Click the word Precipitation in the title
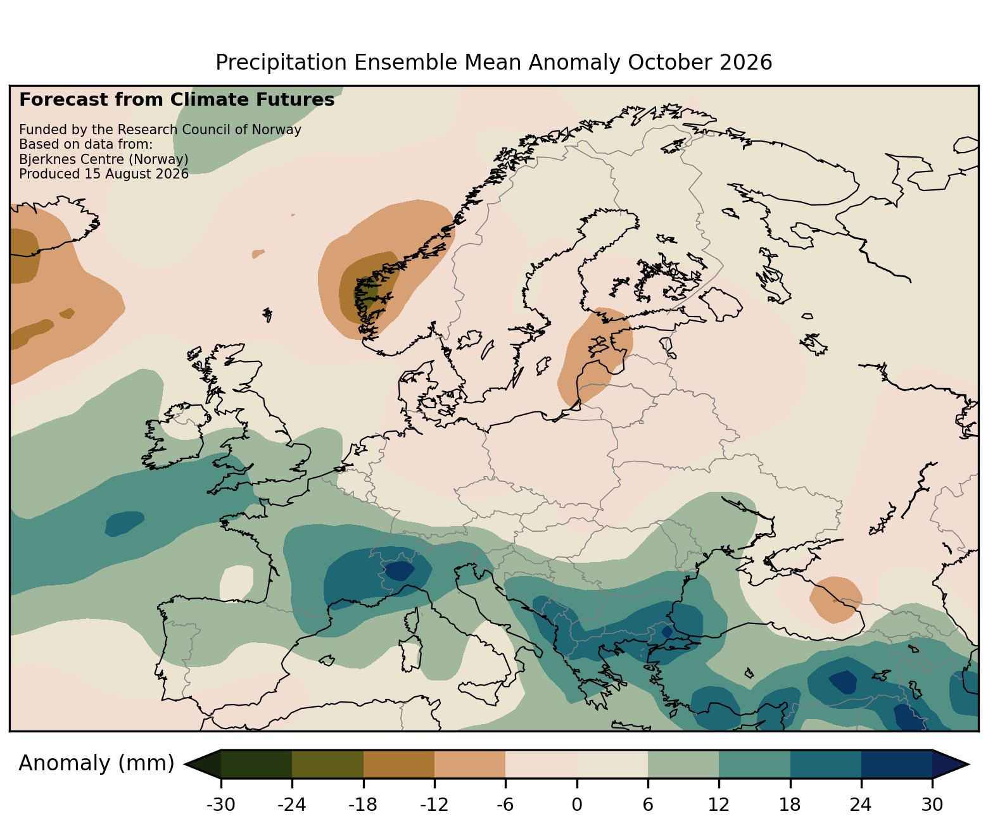pyautogui.click(x=281, y=63)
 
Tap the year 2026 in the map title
pyautogui.click(x=747, y=63)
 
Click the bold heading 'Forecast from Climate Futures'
pyautogui.click(x=177, y=100)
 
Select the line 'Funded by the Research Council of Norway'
pyautogui.click(x=160, y=130)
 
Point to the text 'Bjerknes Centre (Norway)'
pyautogui.click(x=104, y=160)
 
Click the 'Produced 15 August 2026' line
pyautogui.click(x=104, y=174)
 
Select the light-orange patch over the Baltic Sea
pyautogui.click(x=595, y=354)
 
